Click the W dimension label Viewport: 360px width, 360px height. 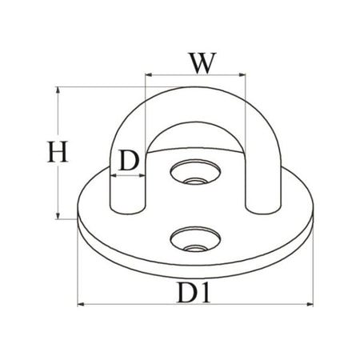tap(202, 63)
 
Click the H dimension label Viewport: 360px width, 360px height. tap(58, 151)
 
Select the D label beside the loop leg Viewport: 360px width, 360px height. tap(129, 161)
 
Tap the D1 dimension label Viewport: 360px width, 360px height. tap(194, 293)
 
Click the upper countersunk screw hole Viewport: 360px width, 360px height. tap(195, 172)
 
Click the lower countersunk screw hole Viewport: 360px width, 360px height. tap(195, 239)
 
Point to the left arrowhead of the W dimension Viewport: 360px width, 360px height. tap(148, 75)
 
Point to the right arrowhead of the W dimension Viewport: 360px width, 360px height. tap(242, 75)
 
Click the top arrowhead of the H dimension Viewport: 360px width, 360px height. tap(58, 90)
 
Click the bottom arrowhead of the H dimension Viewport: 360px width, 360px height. tap(58, 216)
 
